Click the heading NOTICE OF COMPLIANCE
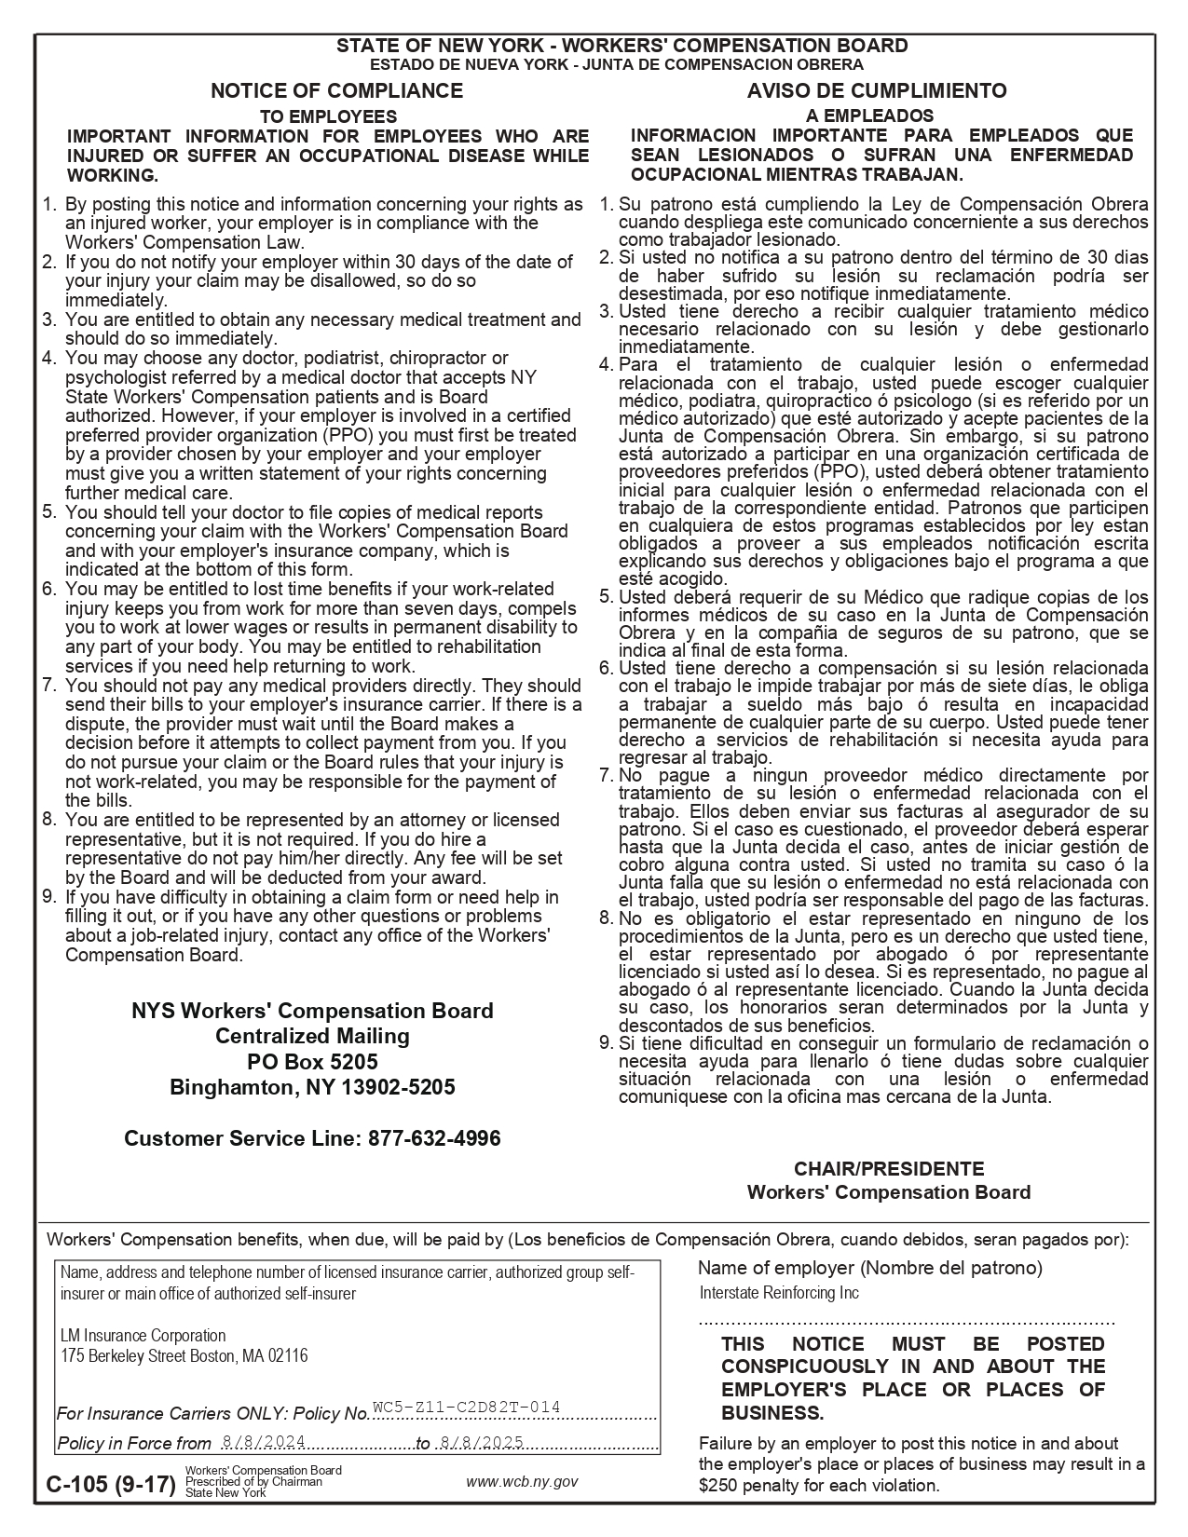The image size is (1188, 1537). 336,90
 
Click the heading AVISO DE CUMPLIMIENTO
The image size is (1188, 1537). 876,90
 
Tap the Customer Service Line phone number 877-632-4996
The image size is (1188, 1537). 434,1137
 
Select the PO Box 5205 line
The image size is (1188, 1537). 312,1062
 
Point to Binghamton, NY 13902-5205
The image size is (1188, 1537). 312,1087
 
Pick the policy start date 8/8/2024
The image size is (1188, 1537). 265,1441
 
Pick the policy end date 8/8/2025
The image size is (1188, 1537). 482,1441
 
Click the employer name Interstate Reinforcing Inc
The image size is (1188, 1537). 779,1293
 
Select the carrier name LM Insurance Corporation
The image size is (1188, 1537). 143,1336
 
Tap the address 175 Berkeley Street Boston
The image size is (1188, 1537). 184,1356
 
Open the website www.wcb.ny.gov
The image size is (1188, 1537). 522,1481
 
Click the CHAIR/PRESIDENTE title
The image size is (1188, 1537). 888,1168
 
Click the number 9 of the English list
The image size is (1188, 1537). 50,897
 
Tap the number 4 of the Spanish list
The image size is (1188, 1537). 607,364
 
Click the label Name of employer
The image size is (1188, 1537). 775,1267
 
